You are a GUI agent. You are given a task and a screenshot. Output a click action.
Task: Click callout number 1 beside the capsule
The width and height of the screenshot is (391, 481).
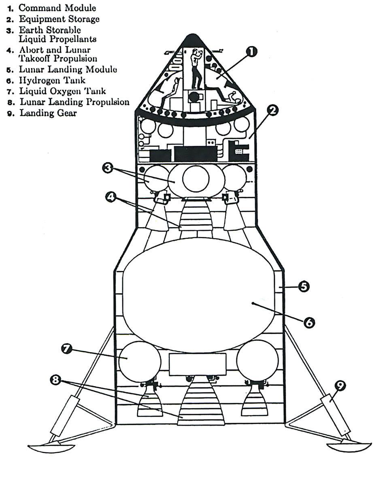click(251, 51)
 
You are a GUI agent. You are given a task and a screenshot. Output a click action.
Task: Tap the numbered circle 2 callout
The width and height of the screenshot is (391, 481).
click(273, 110)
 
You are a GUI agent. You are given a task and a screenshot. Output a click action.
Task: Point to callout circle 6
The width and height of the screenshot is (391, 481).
click(308, 322)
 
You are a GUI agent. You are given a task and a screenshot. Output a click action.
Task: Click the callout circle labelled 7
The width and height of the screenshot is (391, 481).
click(67, 349)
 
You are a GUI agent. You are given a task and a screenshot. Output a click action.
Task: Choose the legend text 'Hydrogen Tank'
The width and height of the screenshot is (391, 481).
click(52, 80)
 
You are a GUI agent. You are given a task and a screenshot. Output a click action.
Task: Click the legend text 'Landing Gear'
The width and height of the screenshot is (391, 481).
click(48, 113)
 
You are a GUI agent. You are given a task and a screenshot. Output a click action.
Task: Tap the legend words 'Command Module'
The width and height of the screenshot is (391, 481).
click(57, 8)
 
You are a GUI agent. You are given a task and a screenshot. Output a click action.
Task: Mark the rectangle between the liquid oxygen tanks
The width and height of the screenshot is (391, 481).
click(197, 364)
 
